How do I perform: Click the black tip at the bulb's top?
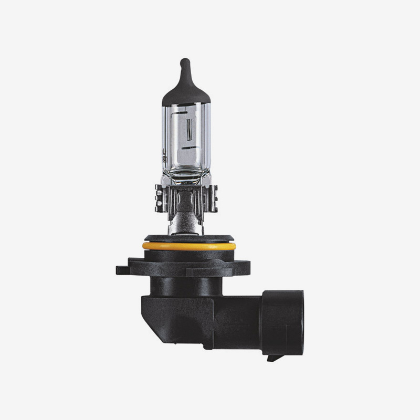tap(184, 66)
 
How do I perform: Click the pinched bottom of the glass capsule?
tap(186, 176)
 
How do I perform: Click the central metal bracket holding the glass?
tap(186, 199)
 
